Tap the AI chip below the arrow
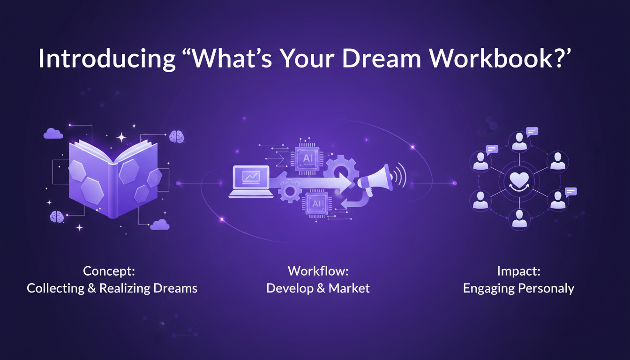point(317,203)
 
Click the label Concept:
point(109,271)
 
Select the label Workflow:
point(318,271)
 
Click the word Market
point(349,288)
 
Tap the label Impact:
point(518,271)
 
